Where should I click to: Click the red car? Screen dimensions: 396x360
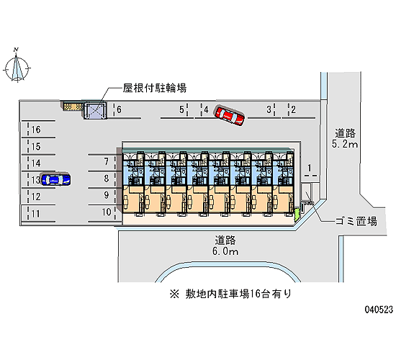[230, 115]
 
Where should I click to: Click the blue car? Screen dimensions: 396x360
[56, 179]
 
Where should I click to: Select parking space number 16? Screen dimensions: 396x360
[36, 130]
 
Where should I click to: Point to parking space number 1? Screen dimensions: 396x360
[310, 168]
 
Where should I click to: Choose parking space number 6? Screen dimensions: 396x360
[119, 109]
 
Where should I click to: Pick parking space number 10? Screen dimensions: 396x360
[107, 212]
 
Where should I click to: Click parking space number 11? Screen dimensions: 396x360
[36, 214]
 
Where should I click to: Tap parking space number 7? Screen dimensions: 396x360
[107, 161]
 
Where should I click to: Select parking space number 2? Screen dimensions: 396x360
[293, 109]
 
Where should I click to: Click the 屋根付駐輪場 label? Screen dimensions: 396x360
[155, 88]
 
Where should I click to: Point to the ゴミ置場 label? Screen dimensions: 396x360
[356, 221]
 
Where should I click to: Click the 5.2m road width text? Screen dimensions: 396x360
[345, 144]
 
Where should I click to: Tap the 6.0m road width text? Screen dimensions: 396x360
[225, 251]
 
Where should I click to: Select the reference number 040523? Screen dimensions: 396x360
[379, 310]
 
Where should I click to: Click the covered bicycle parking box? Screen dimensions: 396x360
[95, 110]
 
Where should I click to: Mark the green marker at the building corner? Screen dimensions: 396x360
[297, 214]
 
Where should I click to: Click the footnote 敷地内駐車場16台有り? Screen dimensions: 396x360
[231, 294]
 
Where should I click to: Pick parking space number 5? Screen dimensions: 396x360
[181, 109]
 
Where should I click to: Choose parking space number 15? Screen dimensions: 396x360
[36, 147]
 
